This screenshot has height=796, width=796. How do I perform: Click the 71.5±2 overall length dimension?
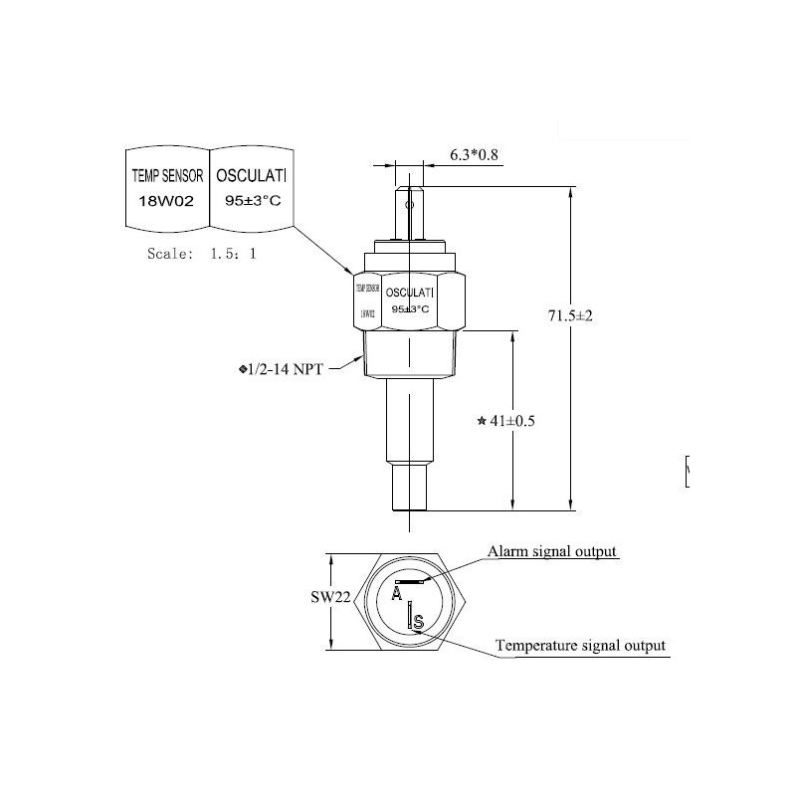(570, 315)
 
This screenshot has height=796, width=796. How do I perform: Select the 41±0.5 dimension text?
(512, 421)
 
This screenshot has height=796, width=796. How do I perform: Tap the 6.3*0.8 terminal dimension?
(477, 154)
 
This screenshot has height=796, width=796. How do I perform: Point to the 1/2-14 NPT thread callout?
(291, 369)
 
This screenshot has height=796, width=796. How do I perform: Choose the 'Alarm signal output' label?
(552, 551)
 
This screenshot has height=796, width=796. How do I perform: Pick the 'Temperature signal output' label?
(581, 646)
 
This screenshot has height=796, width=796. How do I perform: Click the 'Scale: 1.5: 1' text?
(201, 254)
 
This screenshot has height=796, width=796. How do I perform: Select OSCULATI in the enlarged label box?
(251, 176)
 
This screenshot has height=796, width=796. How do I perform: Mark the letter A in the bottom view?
(397, 595)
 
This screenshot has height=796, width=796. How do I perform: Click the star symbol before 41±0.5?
(483, 422)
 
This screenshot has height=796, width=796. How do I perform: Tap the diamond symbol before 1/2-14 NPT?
(244, 370)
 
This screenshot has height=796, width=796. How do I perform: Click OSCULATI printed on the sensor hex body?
(409, 294)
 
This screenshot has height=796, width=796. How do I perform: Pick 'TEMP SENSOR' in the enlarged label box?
(167, 176)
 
